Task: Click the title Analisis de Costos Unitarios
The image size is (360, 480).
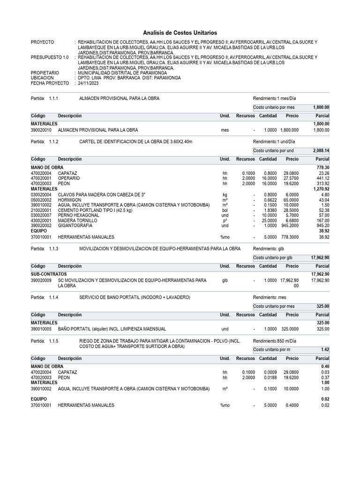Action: (180, 33)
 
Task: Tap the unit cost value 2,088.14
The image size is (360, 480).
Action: (321, 151)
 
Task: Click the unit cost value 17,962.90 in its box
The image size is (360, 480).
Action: (320, 257)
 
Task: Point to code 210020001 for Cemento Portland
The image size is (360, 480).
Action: (41, 210)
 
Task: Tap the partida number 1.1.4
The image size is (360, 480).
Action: (53, 297)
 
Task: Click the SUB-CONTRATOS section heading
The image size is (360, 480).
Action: (49, 274)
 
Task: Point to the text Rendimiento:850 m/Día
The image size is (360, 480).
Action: (277, 341)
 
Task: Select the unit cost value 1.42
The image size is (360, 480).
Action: (325, 350)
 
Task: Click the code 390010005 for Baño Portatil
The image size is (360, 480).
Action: (41, 329)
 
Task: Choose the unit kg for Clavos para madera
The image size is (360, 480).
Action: (225, 195)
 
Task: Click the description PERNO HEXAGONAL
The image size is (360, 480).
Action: (78, 215)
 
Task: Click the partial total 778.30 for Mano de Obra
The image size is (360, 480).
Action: (323, 167)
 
